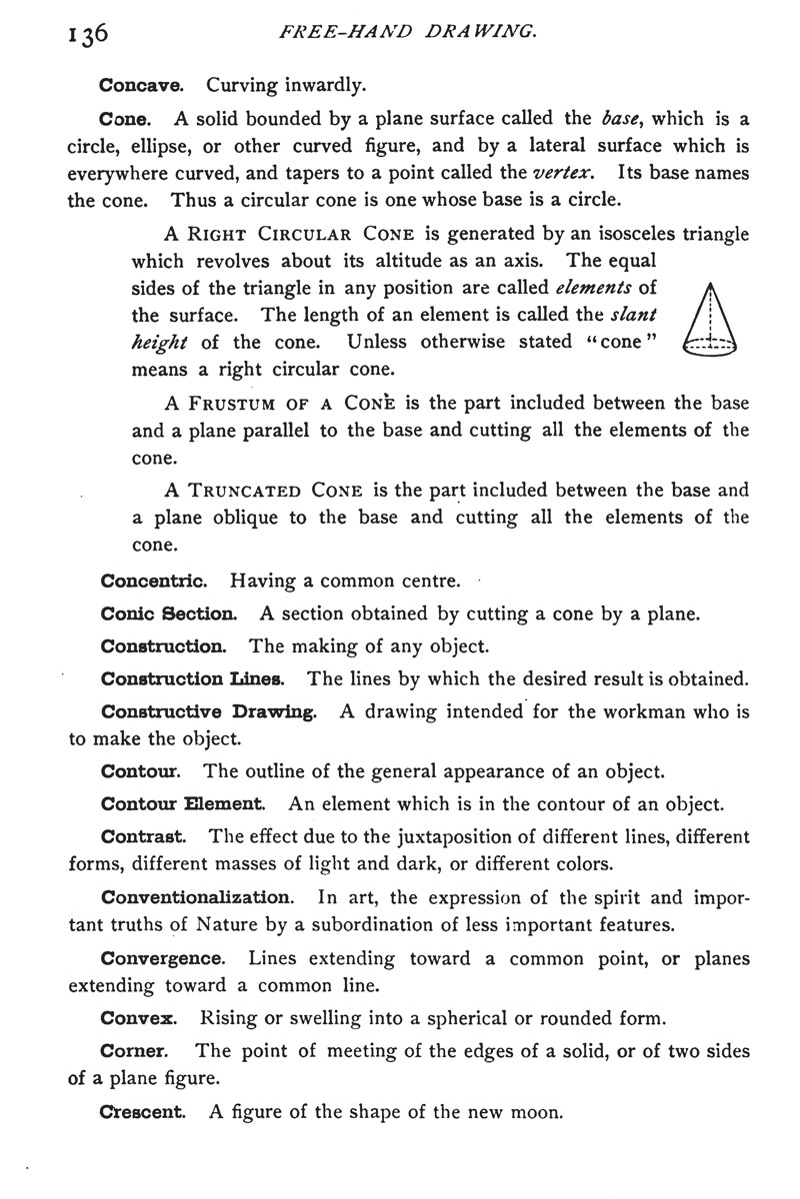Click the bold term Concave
pyautogui.click(x=139, y=85)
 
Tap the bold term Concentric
pyautogui.click(x=154, y=580)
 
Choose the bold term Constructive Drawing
pyautogui.click(x=210, y=712)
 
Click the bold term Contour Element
pyautogui.click(x=184, y=802)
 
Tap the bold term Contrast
pyautogui.click(x=145, y=835)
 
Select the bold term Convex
pyautogui.click(x=140, y=1019)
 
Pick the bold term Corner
pyautogui.click(x=135, y=1051)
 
